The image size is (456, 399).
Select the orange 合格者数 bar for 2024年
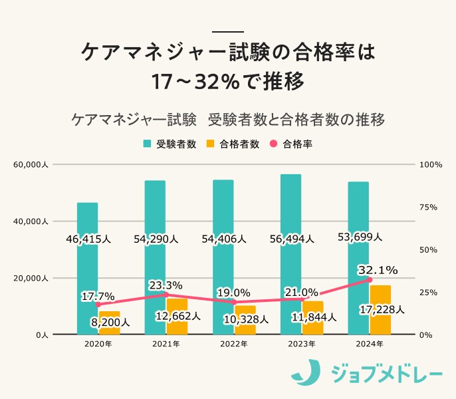tap(380, 310)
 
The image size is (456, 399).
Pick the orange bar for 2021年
tap(177, 317)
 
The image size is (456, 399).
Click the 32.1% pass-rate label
tap(377, 269)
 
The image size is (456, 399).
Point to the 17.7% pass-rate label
tap(98, 296)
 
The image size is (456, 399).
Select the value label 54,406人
tap(223, 238)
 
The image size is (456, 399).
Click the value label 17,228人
tap(381, 310)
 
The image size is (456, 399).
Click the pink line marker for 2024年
tap(370, 280)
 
